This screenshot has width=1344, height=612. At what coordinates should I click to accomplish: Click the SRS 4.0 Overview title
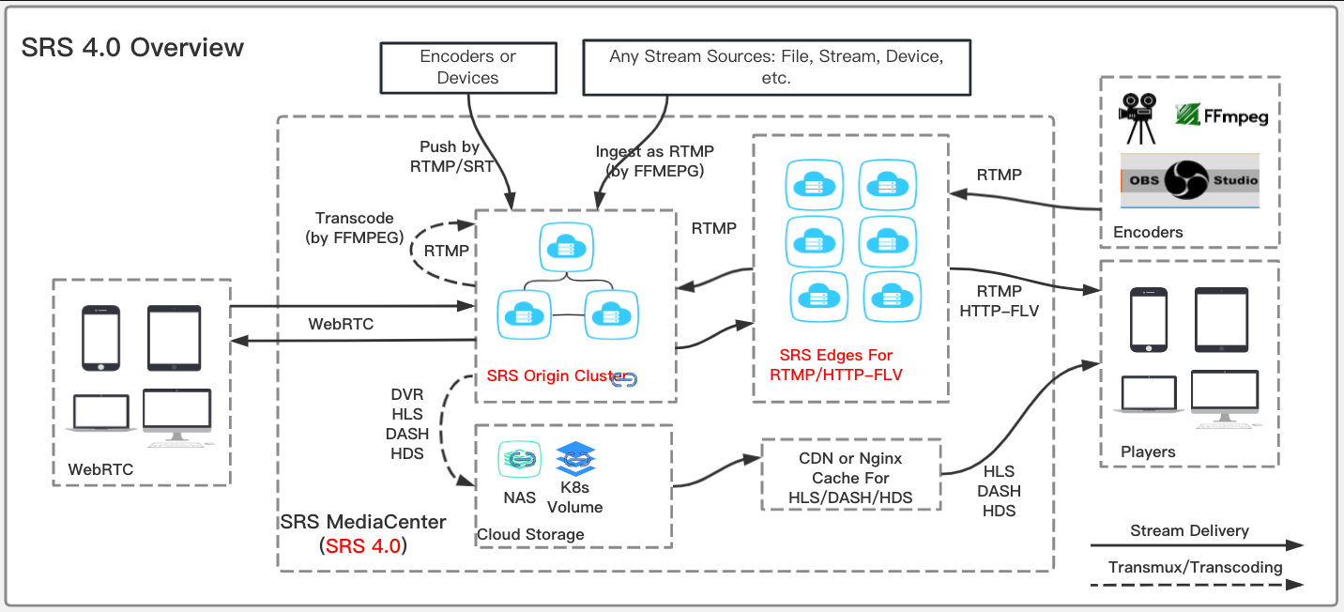(132, 48)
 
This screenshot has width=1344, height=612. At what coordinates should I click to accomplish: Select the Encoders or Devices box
(467, 68)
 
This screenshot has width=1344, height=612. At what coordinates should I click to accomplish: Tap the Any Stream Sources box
(775, 68)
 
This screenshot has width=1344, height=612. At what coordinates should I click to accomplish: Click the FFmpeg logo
(1222, 115)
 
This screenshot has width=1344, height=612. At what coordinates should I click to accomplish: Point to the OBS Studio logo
(1190, 181)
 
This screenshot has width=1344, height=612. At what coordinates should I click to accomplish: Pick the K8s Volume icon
(576, 459)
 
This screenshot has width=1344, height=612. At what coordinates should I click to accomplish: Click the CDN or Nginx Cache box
(850, 478)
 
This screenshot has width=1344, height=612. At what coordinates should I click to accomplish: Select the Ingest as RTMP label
(654, 161)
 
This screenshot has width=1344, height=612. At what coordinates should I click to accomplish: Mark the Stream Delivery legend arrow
(1197, 544)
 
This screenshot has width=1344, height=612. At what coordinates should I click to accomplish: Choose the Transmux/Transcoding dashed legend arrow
(1197, 584)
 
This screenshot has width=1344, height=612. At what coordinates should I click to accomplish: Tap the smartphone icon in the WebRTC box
(100, 337)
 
